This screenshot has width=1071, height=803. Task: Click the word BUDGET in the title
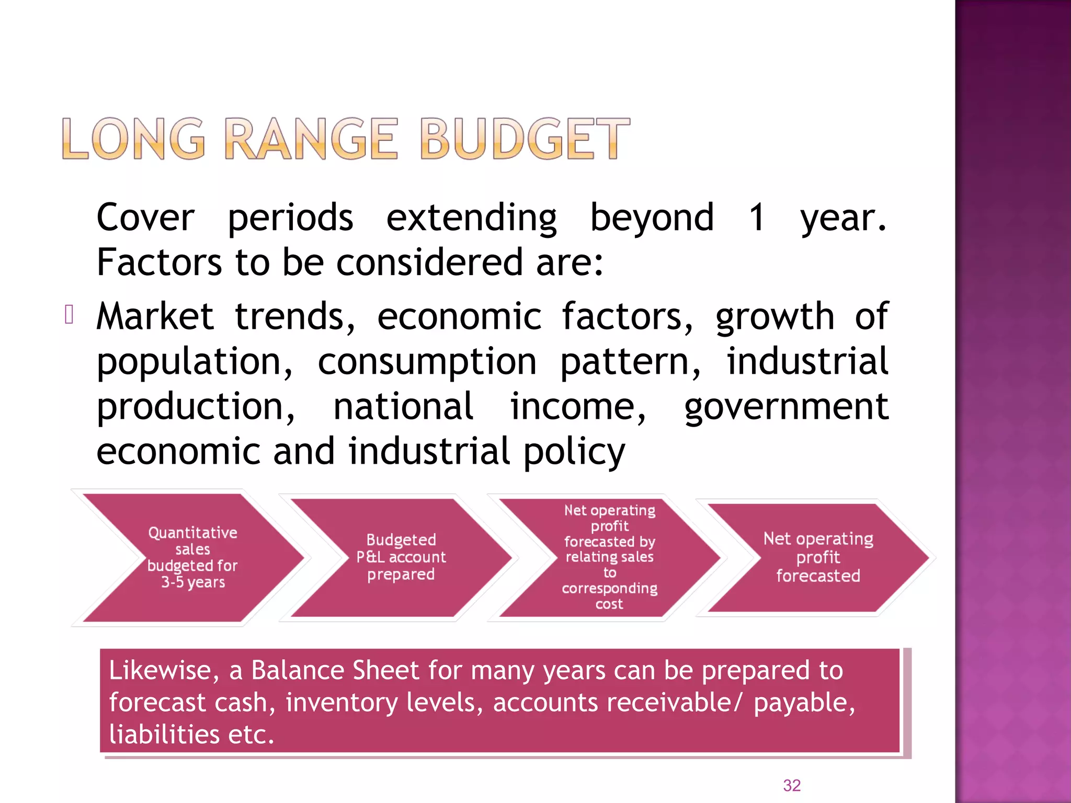click(525, 139)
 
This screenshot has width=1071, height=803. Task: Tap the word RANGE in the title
click(312, 139)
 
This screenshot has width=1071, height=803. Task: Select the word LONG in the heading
click(133, 139)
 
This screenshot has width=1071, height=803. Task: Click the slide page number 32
click(792, 785)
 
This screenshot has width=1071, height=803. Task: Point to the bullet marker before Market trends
click(69, 315)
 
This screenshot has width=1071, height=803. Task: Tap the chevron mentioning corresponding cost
click(609, 557)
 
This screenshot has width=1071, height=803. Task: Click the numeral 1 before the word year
click(757, 217)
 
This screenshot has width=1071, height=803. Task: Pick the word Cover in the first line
click(145, 217)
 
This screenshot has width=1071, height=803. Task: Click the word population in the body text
click(195, 362)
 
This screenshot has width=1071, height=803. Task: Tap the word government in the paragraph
click(786, 407)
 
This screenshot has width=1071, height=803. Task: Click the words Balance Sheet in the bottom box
click(335, 671)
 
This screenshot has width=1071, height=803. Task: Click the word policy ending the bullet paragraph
click(574, 452)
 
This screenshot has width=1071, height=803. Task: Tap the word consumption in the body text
click(427, 362)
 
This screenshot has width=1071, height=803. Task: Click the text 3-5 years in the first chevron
click(193, 582)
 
